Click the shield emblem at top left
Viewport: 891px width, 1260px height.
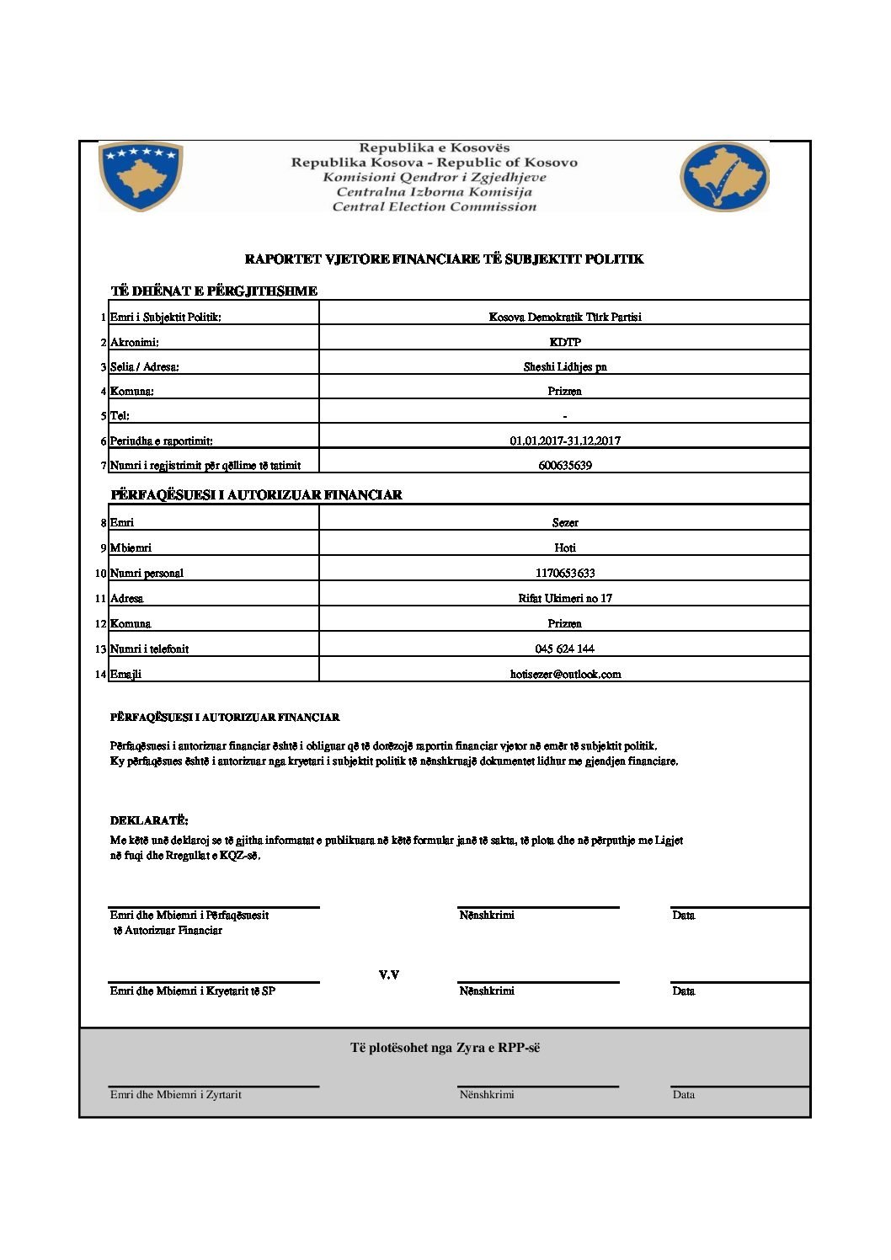(x=141, y=177)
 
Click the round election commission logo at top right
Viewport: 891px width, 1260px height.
(x=724, y=177)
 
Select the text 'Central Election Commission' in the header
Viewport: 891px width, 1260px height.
(x=434, y=206)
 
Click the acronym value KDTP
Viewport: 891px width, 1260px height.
(x=564, y=342)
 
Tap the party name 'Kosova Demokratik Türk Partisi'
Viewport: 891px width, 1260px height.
(x=564, y=317)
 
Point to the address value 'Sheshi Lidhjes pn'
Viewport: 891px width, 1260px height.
(x=564, y=366)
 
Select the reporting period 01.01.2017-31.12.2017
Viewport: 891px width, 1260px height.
(x=564, y=440)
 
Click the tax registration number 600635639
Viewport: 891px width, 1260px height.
(x=564, y=465)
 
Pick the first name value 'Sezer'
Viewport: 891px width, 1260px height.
(x=564, y=522)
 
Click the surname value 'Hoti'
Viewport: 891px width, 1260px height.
(x=564, y=547)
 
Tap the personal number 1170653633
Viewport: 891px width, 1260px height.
(x=564, y=573)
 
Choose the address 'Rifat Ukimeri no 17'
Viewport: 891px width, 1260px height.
(x=564, y=598)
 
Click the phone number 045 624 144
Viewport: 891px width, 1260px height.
(x=564, y=649)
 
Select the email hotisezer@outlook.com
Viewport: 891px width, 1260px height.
(x=564, y=674)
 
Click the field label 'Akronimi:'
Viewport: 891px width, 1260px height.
(x=135, y=342)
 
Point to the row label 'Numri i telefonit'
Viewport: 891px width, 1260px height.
(x=149, y=649)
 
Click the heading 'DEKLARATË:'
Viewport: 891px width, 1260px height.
(x=149, y=820)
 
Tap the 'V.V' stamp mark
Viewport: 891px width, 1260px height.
(x=388, y=974)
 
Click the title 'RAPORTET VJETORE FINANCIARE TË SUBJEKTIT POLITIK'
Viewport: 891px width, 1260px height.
(x=444, y=259)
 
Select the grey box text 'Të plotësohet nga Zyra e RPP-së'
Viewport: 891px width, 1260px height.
(x=445, y=1048)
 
